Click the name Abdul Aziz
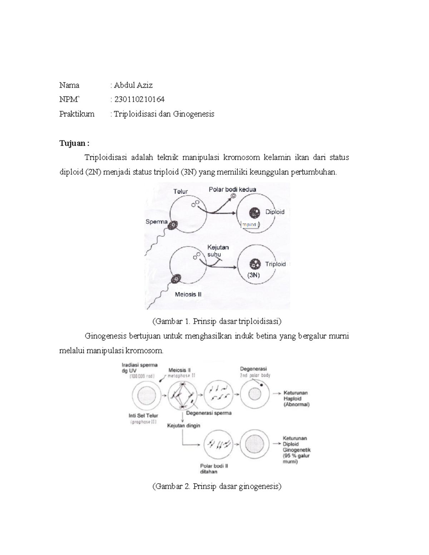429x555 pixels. click(133, 85)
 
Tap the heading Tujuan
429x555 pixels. click(74, 143)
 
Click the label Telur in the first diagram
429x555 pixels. click(181, 192)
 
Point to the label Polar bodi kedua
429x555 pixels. click(232, 189)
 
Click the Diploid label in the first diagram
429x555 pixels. click(275, 212)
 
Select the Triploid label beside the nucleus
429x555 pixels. click(275, 264)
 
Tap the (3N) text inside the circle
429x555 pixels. click(253, 275)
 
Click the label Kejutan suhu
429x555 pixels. click(217, 251)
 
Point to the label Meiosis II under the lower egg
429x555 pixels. click(188, 294)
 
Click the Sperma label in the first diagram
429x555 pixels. click(157, 222)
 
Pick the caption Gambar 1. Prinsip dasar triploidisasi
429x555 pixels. click(217, 321)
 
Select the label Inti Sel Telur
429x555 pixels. click(143, 416)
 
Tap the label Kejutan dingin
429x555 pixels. click(184, 426)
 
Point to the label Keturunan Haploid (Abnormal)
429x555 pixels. click(296, 398)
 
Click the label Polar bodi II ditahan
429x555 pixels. click(214, 469)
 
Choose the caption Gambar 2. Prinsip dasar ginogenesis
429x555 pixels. click(217, 486)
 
